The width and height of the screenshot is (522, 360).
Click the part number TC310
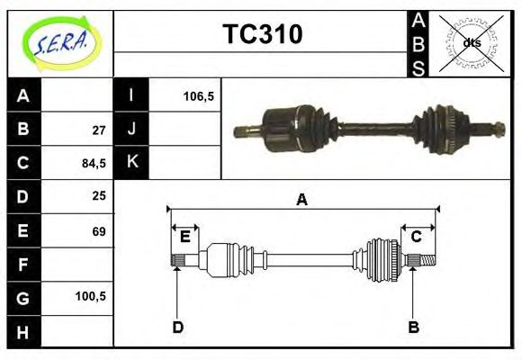point(262,34)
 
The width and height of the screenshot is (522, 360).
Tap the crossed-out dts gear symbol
point(471,43)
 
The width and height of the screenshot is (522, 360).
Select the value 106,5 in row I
point(198,95)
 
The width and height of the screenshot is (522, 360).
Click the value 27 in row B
point(99,130)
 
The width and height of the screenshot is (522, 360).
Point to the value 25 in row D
point(99,196)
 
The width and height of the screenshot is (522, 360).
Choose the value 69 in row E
point(99,230)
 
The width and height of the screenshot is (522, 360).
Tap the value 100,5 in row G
point(93,296)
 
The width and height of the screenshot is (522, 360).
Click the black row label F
point(23,264)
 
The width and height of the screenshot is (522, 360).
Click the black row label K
point(131,163)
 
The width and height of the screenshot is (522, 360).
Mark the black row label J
point(131,130)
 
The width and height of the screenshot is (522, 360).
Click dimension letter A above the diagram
point(301,201)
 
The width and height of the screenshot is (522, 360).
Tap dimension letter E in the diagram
point(185,237)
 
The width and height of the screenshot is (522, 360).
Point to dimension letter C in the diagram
point(417,237)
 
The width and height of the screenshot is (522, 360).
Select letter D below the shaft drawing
point(177,327)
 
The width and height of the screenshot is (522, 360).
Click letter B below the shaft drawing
point(413,327)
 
